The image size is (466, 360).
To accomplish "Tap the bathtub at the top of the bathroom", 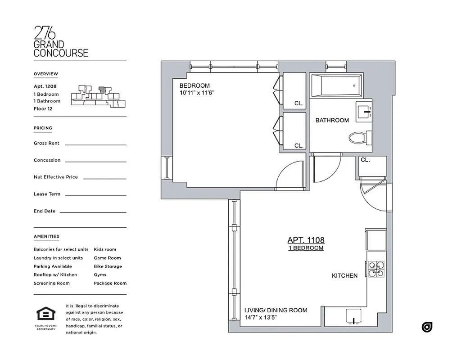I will tap(336, 85).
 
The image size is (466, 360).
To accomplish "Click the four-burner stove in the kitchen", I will tap(376, 269).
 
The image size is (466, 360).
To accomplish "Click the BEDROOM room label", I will tap(195, 86).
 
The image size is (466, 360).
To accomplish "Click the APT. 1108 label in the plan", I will tap(306, 240).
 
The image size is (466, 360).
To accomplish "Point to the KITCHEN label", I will tap(344, 275).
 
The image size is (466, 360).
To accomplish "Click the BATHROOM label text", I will tap(332, 120).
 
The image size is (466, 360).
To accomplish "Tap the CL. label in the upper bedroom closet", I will tap(299, 103).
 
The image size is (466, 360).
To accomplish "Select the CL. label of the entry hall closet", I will tap(365, 160).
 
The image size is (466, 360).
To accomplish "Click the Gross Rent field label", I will tap(46, 143).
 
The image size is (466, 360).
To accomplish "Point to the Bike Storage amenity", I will tap(108, 266).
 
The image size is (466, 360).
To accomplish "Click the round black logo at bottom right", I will tap(427, 327).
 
